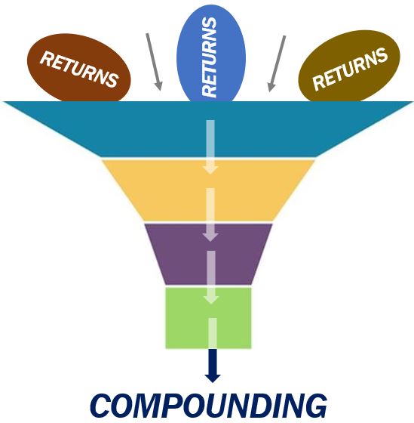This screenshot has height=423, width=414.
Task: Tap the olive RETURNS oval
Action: tap(349, 66)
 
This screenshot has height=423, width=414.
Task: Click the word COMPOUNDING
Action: tap(208, 406)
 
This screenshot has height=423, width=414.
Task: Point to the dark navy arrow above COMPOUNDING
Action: tap(213, 366)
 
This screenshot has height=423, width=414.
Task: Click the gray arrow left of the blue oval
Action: tap(154, 62)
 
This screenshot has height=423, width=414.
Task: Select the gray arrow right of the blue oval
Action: tap(276, 63)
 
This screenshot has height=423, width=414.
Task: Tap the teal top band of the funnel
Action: tap(208, 129)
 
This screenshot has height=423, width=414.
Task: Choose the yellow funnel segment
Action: tap(208, 190)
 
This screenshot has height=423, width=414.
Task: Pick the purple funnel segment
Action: tap(208, 254)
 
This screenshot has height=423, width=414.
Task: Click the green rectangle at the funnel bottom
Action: tap(208, 318)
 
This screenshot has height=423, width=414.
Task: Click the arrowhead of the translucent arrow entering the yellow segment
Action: tap(210, 170)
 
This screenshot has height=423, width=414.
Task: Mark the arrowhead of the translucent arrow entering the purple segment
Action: tap(210, 236)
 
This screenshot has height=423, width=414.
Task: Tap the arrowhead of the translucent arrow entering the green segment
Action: tap(211, 299)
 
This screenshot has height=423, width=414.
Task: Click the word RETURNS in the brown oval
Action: tap(79, 69)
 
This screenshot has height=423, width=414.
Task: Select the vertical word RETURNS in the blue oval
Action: tap(210, 57)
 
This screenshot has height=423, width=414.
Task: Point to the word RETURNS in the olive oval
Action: tap(350, 69)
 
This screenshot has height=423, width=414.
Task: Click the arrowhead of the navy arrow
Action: tap(213, 378)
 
